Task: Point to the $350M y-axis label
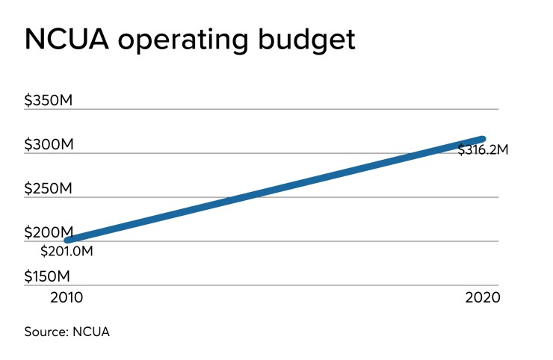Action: pyautogui.click(x=49, y=101)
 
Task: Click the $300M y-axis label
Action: pyautogui.click(x=49, y=144)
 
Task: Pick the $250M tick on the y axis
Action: pyautogui.click(x=49, y=188)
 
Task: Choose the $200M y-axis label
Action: pyautogui.click(x=49, y=232)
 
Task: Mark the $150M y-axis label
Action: pyautogui.click(x=49, y=276)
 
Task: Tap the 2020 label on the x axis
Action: pyautogui.click(x=481, y=297)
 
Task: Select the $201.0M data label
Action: pyautogui.click(x=67, y=250)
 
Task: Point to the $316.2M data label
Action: pyautogui.click(x=483, y=149)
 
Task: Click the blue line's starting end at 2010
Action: pyautogui.click(x=68, y=240)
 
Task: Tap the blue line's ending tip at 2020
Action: pyautogui.click(x=483, y=139)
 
